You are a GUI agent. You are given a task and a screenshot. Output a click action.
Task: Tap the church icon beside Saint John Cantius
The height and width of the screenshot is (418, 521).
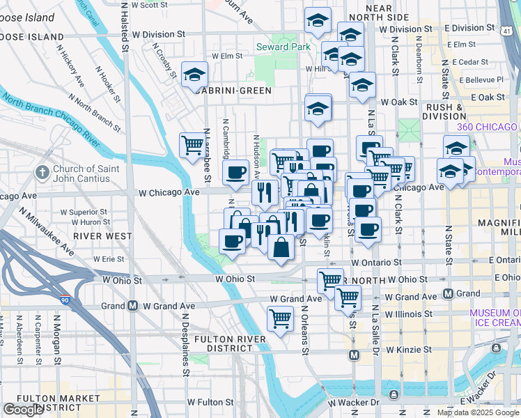point(42,172)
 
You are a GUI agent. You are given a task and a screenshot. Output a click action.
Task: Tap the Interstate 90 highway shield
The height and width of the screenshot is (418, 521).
point(65,300)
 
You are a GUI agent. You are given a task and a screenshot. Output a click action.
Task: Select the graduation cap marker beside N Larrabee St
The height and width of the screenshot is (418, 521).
point(194,74)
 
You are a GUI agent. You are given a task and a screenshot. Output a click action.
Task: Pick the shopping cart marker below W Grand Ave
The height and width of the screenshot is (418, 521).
point(280,319)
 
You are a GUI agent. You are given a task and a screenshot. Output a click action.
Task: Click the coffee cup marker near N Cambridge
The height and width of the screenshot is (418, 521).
point(236,172)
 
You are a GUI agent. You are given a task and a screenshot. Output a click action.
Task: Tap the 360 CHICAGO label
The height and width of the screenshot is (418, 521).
point(487,127)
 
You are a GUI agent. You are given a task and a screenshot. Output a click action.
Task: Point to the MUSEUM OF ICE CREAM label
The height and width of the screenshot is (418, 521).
point(495,318)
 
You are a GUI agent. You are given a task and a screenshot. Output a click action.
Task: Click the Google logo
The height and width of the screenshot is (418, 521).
point(23,410)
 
